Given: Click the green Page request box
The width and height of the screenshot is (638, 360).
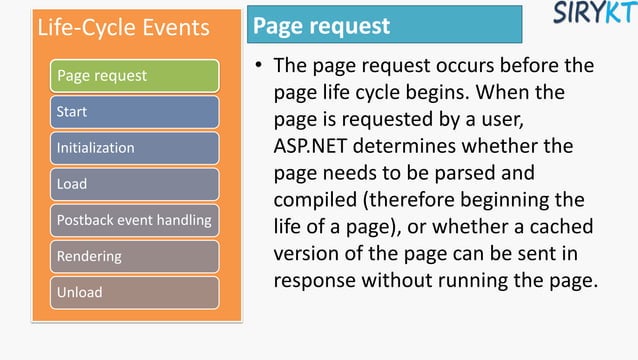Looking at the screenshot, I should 135,76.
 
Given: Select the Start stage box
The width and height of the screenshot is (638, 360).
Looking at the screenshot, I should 135,112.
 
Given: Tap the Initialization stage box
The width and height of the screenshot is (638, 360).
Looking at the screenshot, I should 135,148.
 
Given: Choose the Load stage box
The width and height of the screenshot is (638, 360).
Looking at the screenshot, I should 135,184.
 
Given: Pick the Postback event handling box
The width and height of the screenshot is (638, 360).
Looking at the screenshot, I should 135,220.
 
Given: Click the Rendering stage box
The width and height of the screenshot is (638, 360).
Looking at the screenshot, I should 135,256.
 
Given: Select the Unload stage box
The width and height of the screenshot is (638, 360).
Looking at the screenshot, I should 135,292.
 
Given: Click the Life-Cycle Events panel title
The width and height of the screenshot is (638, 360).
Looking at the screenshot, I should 124,27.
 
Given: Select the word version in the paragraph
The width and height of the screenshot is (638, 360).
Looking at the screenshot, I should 307,248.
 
